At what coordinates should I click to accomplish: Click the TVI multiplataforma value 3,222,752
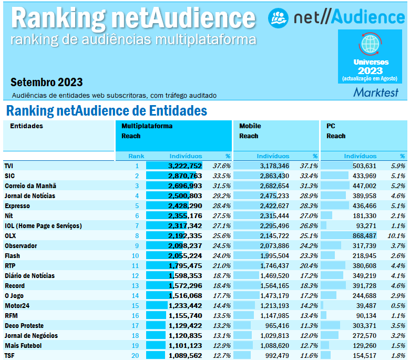coord(185,166)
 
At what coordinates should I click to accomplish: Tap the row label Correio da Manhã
coord(30,186)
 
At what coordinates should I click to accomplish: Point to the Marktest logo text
coord(375,92)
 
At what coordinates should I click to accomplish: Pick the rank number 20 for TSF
coord(136,355)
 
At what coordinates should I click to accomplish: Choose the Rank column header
coord(136,156)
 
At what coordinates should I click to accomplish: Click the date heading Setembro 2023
coord(46,83)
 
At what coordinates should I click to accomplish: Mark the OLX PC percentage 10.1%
coord(397,235)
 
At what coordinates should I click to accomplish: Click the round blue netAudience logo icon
coord(278,17)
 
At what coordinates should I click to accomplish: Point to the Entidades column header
coord(26,126)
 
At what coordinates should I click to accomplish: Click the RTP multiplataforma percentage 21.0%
coord(221,265)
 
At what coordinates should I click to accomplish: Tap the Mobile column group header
coord(250,126)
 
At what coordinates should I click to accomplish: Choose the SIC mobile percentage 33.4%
coord(309,176)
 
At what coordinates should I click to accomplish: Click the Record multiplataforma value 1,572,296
coord(185,285)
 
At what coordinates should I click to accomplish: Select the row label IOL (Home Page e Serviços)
coord(43,225)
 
